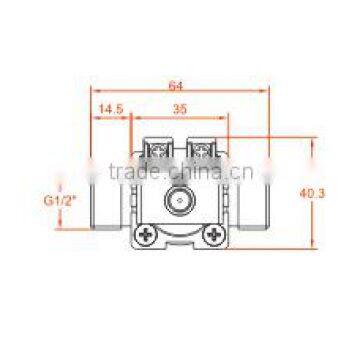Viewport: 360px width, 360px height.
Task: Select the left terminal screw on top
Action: [x=157, y=151]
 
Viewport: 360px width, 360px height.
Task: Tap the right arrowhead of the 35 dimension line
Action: [x=227, y=116]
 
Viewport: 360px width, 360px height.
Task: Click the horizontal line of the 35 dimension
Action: [x=180, y=116]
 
